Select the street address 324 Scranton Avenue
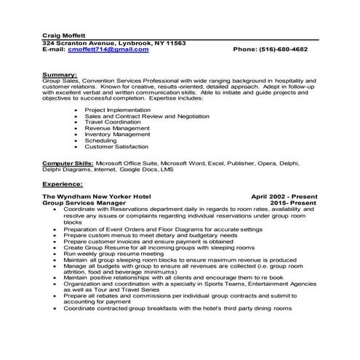[81, 43]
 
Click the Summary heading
[60, 73]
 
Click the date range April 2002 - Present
[284, 197]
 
